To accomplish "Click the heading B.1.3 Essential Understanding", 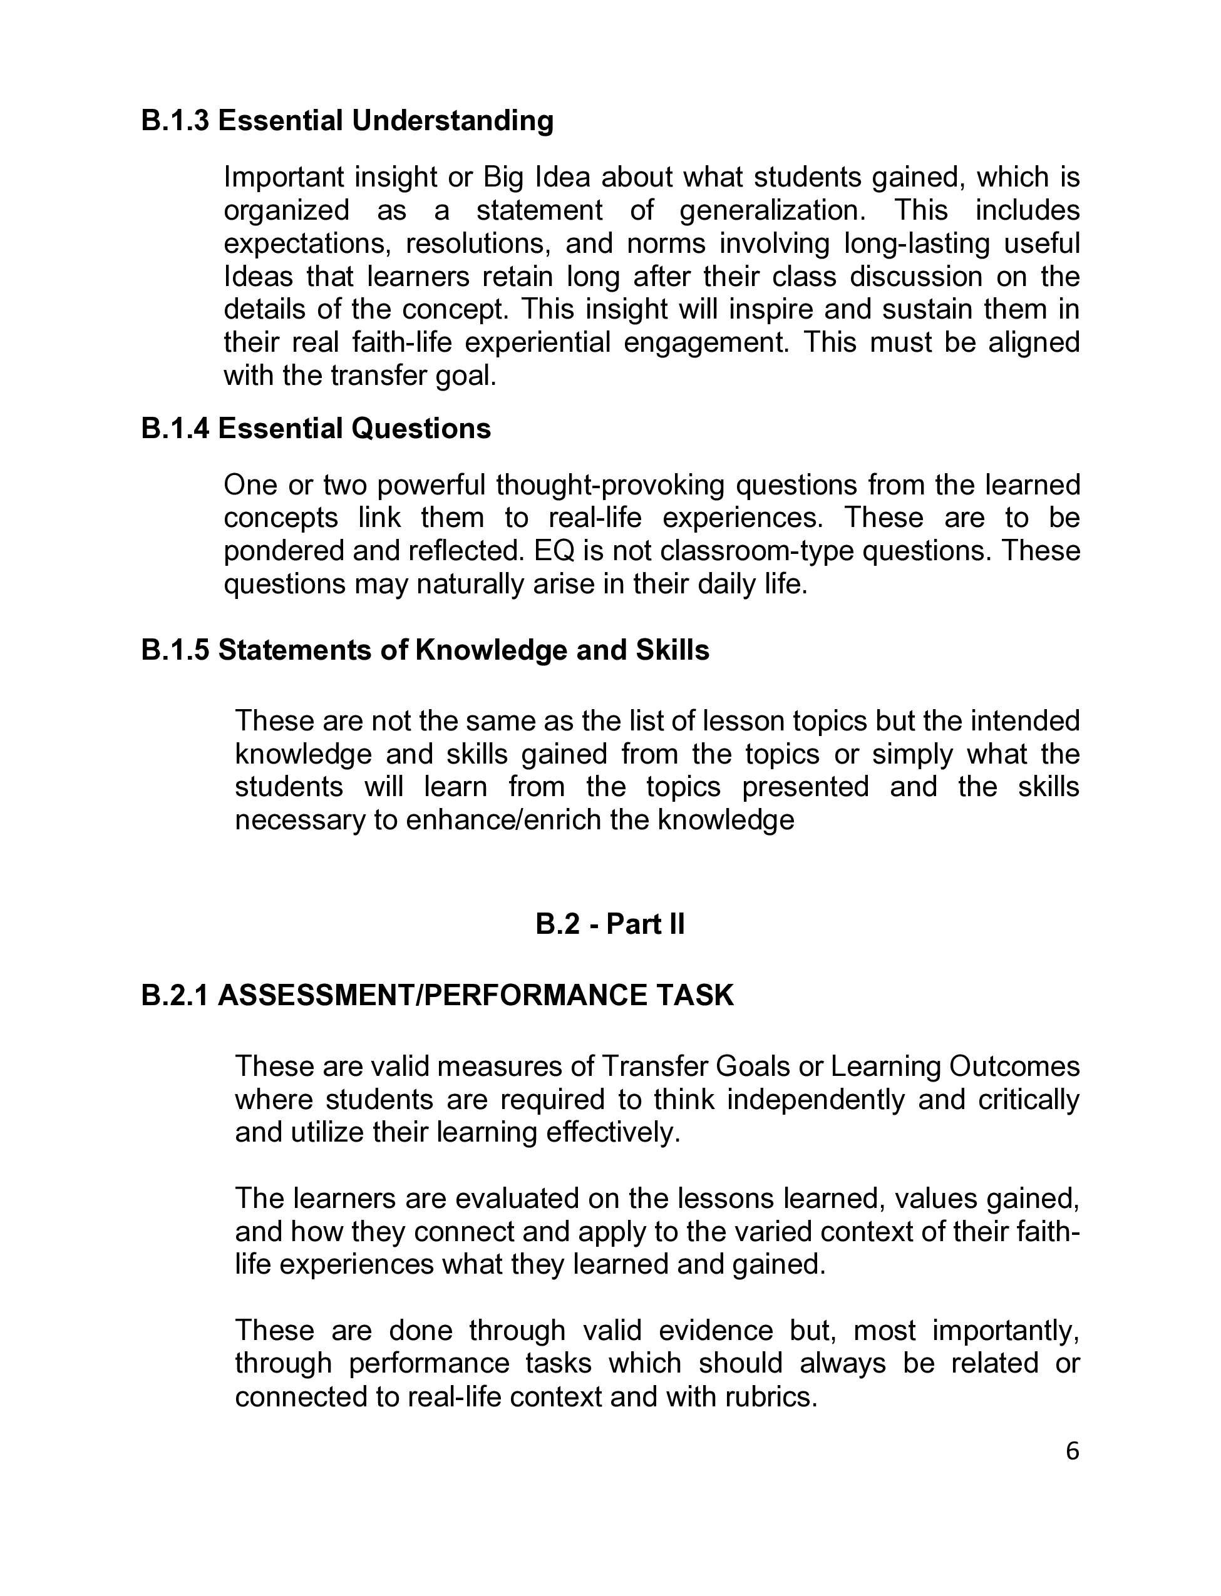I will pos(347,121).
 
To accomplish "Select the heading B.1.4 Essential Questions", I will pos(316,429).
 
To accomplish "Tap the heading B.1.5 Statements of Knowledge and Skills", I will pos(425,650).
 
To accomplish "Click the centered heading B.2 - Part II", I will pos(610,924).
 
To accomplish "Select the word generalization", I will pos(773,211).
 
